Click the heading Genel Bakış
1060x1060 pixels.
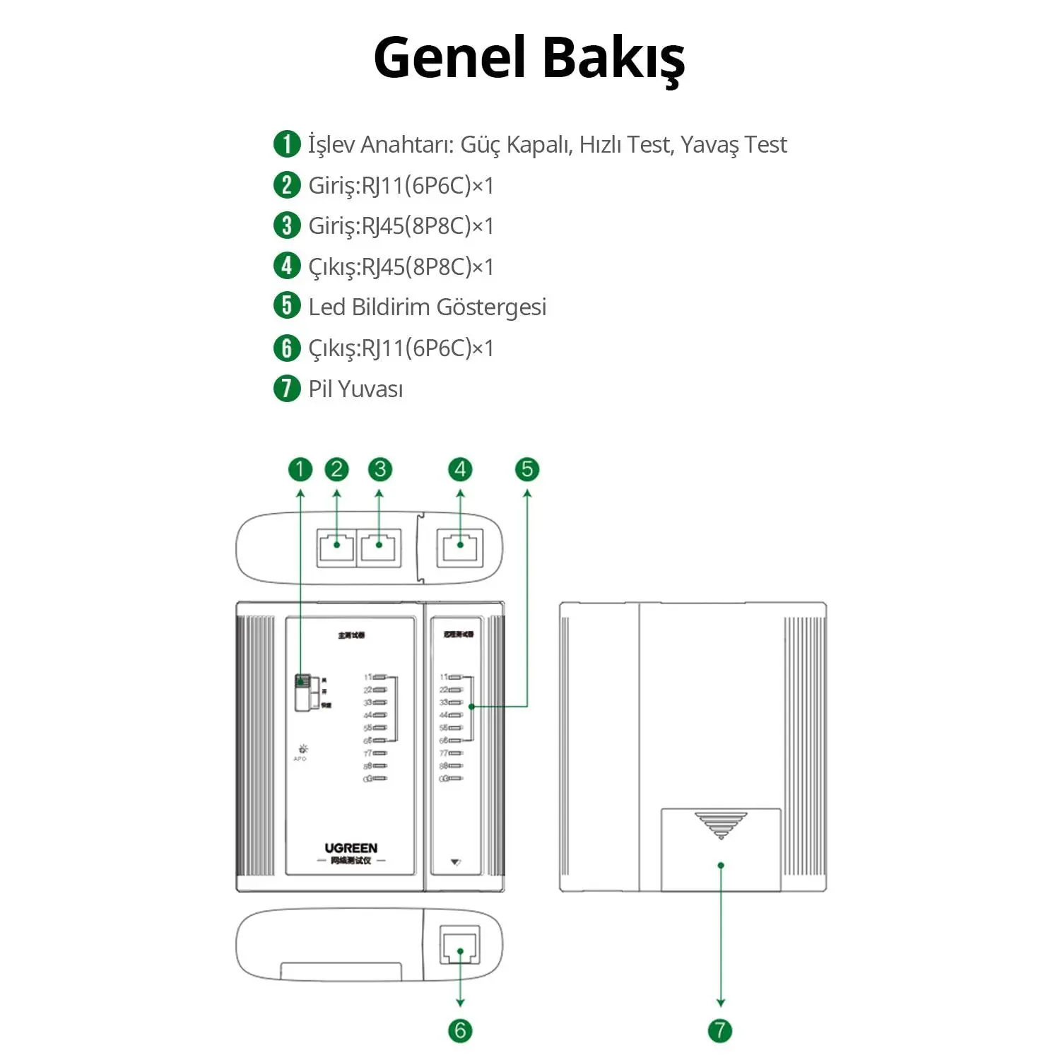529,58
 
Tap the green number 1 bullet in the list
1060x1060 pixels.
287,143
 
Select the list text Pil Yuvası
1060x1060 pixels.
355,389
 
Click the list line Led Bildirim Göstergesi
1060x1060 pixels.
427,307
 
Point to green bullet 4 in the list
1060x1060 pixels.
287,266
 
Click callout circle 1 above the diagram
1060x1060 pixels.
300,469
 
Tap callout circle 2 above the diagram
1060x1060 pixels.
336,469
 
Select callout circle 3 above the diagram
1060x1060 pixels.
379,469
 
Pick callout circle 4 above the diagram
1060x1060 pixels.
461,469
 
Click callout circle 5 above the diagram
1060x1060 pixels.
526,469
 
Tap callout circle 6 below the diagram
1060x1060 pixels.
460,1030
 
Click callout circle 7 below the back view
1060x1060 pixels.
720,1030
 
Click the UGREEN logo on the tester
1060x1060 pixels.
351,848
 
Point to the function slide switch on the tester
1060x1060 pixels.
302,691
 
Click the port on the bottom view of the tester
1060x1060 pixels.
460,945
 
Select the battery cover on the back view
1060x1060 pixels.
721,850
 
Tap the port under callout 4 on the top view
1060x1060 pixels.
461,548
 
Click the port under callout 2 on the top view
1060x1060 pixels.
336,548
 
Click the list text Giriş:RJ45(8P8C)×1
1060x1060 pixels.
401,225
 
